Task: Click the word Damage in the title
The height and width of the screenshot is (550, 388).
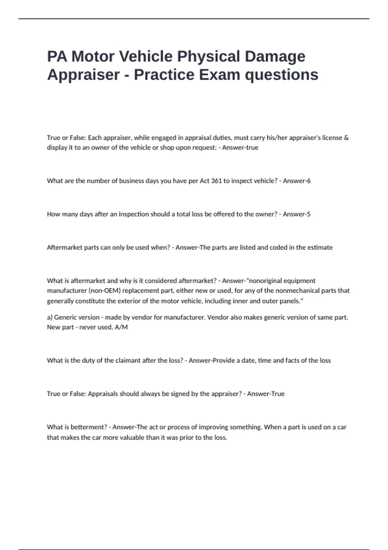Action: click(x=275, y=57)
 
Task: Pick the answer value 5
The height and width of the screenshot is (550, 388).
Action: click(x=309, y=214)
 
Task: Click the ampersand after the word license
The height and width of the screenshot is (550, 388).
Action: click(x=347, y=138)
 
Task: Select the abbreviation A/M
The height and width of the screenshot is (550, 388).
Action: click(x=121, y=327)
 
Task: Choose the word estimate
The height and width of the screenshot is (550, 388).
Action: click(x=320, y=247)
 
